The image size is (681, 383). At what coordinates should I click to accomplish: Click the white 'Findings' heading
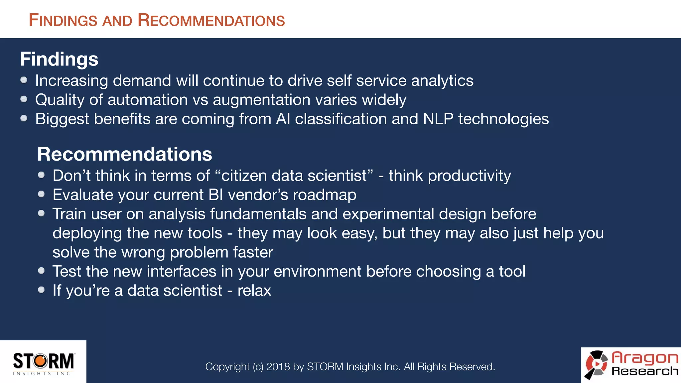(59, 59)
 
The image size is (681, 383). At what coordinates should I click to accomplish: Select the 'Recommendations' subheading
(124, 154)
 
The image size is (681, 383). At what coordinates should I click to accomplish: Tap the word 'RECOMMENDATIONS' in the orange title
(211, 20)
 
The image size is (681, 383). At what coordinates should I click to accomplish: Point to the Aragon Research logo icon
(596, 364)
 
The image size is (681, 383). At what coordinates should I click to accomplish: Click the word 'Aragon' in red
(644, 358)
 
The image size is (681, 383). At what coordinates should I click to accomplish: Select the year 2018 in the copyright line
(278, 366)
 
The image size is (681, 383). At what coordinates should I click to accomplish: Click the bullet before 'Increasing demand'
(24, 80)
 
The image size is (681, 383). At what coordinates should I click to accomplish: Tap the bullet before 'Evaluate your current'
(41, 194)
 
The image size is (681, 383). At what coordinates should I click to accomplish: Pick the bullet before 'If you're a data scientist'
(41, 290)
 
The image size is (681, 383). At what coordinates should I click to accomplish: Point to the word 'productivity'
(469, 176)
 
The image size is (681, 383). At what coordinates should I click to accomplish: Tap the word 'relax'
(254, 291)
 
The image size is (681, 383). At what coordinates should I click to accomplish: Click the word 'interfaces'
(182, 271)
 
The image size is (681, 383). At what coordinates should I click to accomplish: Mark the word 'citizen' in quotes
(244, 176)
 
